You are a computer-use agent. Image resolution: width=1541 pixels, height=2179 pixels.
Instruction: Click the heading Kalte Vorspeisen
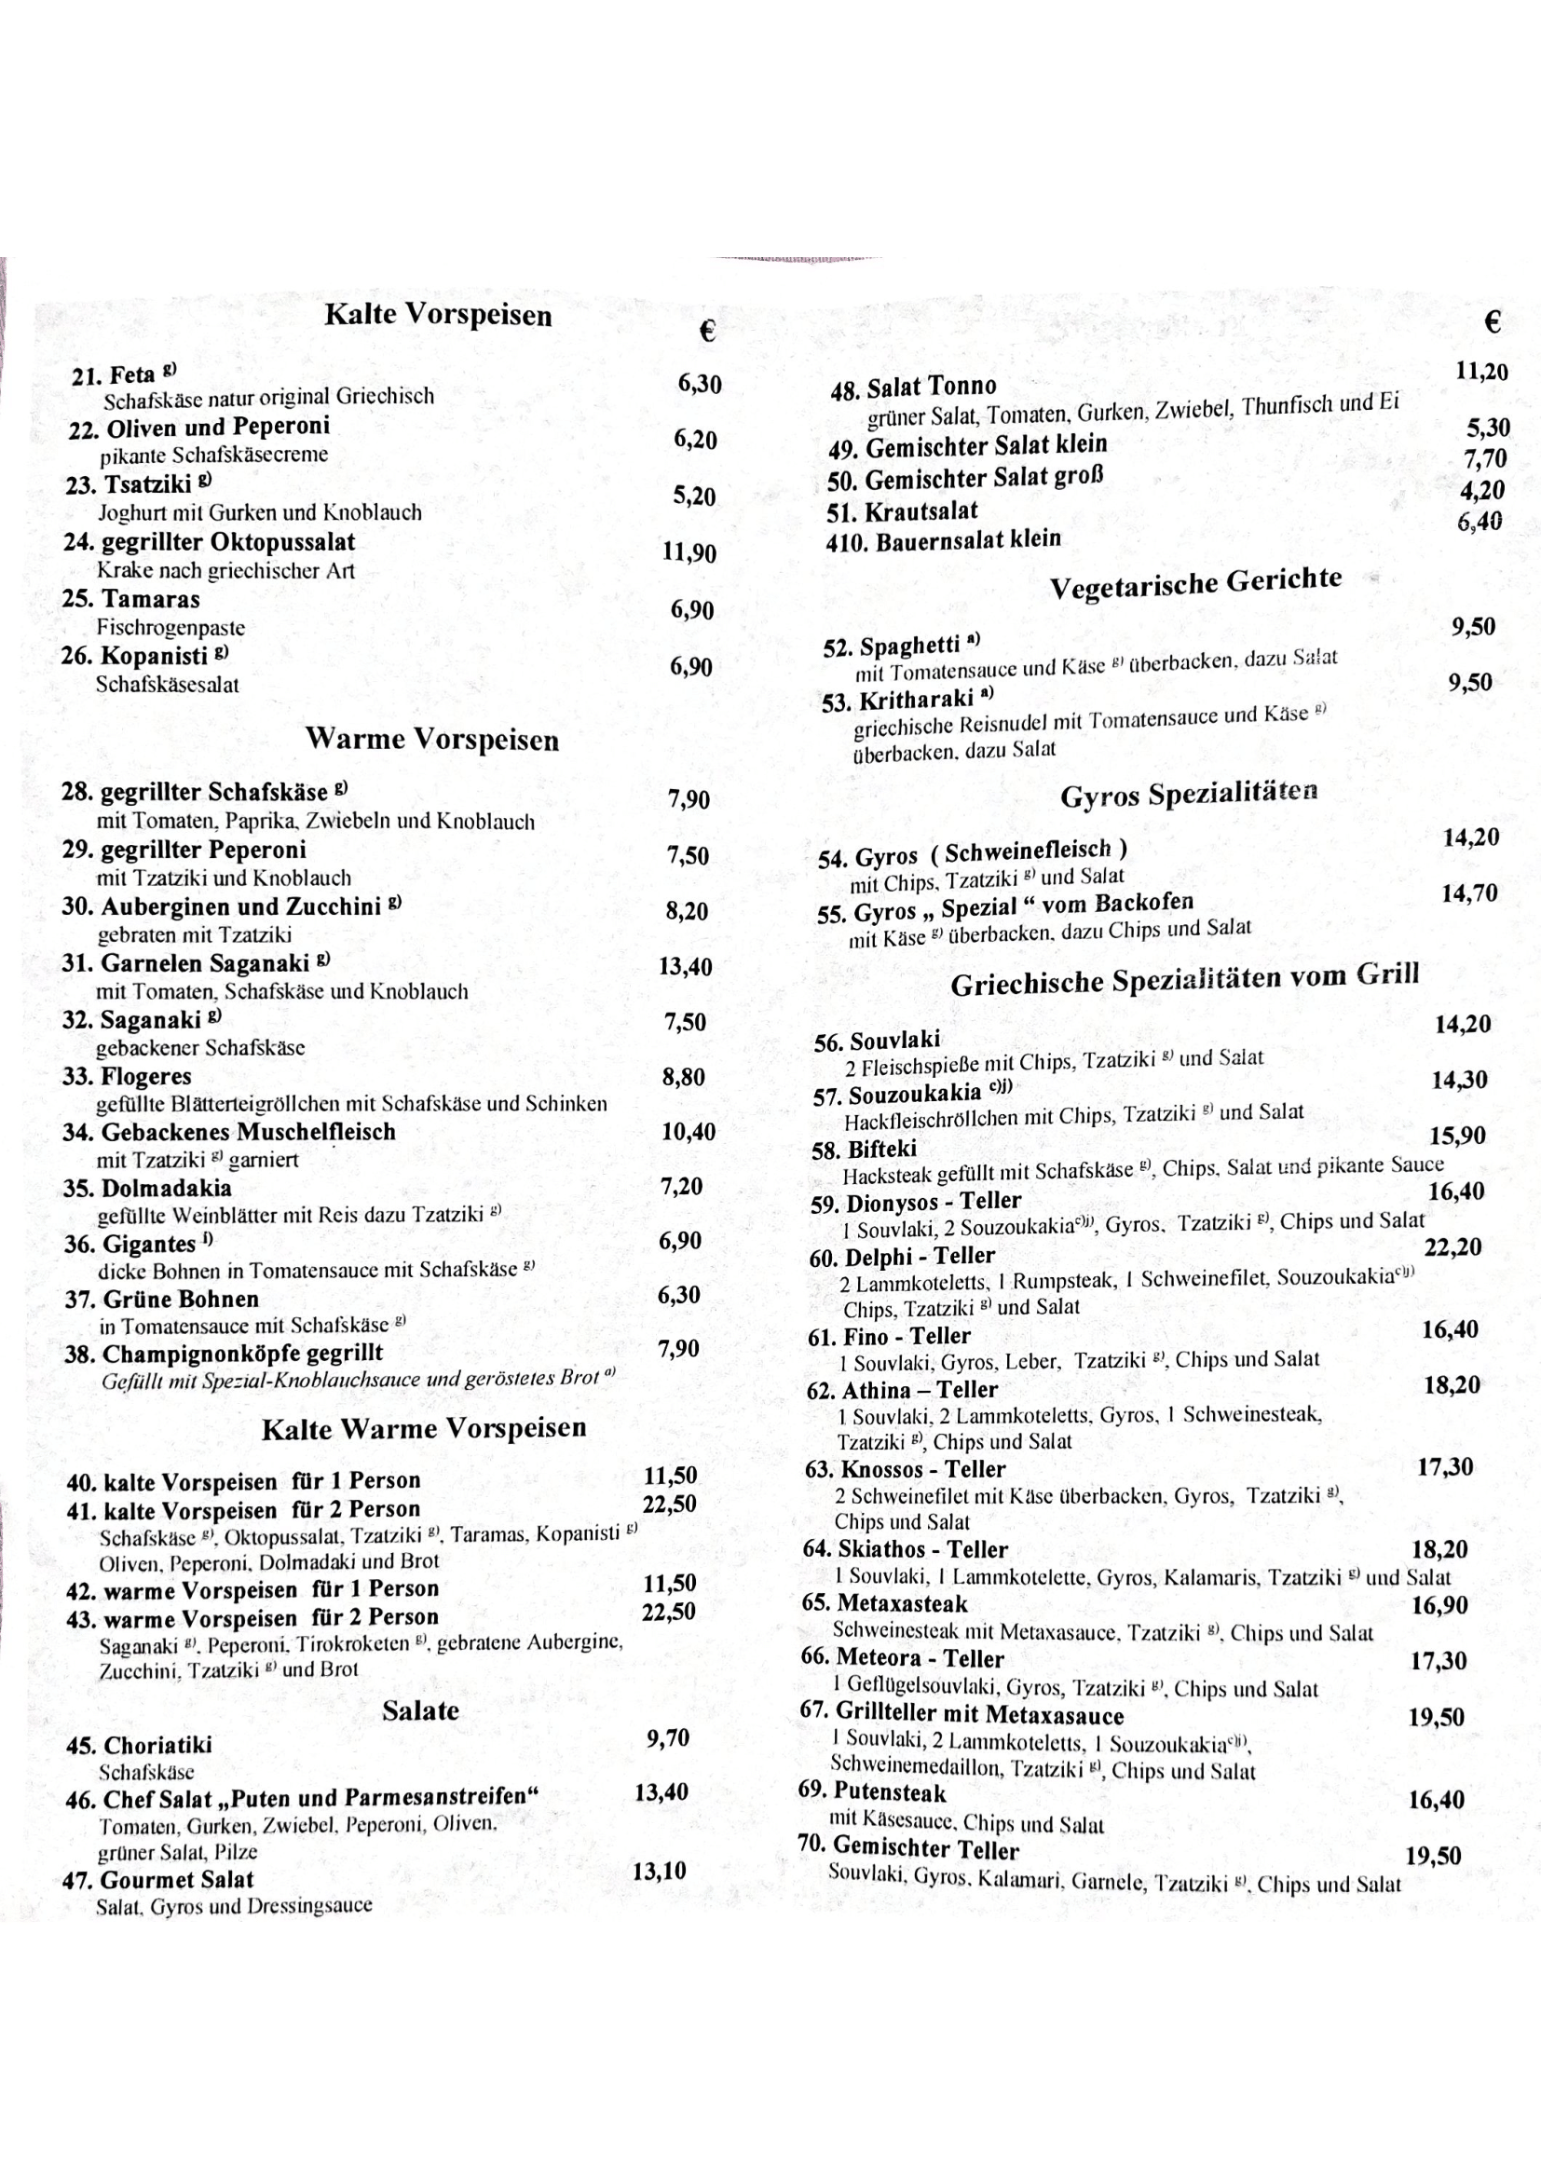click(438, 315)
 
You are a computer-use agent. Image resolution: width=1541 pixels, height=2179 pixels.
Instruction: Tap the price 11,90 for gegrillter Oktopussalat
click(689, 553)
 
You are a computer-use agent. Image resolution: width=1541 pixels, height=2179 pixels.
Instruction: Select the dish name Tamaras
click(150, 600)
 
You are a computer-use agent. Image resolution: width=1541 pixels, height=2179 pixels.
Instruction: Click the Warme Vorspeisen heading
click(431, 740)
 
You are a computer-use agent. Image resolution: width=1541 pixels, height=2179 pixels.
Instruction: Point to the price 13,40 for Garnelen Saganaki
click(685, 967)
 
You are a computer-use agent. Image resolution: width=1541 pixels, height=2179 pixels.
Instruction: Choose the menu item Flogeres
click(145, 1077)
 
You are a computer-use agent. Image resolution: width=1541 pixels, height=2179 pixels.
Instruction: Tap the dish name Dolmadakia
click(166, 1188)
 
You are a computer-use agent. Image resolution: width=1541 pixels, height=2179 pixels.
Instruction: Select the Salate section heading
click(420, 1711)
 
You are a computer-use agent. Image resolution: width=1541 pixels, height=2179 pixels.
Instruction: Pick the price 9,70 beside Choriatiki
click(667, 1738)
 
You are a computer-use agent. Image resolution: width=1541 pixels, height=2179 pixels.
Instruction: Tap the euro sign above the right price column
click(1492, 323)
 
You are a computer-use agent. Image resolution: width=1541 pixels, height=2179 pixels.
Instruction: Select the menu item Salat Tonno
click(931, 387)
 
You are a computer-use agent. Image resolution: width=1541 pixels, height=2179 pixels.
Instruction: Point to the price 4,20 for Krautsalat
click(1482, 491)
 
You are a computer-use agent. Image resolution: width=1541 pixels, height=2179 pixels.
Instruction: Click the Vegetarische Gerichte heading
click(1194, 582)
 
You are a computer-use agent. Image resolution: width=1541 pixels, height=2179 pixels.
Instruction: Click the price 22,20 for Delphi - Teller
click(1452, 1248)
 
